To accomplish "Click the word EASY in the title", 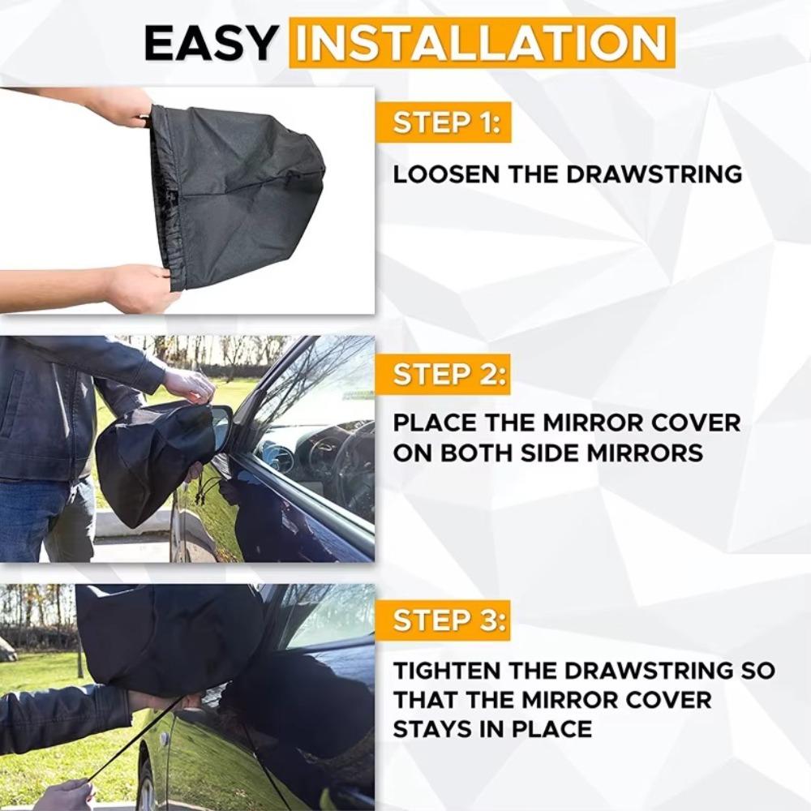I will [211, 44].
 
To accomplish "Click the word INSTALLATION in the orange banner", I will [482, 43].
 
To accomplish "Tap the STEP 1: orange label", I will [444, 123].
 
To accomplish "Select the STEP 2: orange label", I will [444, 375].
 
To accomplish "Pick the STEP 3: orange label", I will [444, 621].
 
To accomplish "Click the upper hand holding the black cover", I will [122, 106].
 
